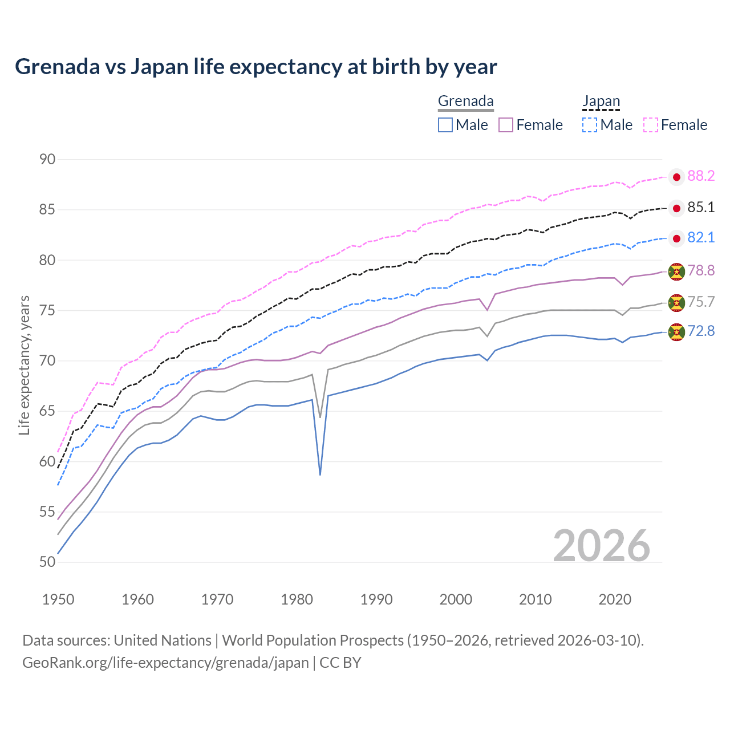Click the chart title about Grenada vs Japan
256,67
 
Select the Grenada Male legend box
445,125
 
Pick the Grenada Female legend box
506,125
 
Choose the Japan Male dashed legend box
590,125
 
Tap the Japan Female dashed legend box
651,125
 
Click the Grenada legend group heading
465,101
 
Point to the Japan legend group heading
601,101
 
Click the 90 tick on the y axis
47,159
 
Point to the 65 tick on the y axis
47,411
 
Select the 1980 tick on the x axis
297,599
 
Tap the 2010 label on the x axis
535,599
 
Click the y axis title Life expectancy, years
24,365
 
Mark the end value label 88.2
701,176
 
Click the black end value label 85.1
701,208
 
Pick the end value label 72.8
701,331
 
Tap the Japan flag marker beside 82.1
676,238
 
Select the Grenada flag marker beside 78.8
676,272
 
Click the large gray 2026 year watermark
602,546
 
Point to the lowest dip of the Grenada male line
320,474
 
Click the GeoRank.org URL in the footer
165,663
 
